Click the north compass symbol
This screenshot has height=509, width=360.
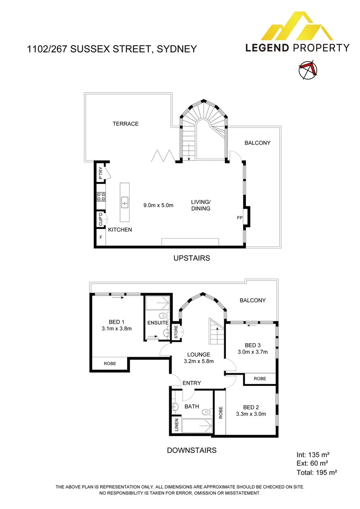pos(308,69)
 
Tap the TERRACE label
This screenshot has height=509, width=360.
pos(126,123)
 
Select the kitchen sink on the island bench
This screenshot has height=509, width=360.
pos(125,202)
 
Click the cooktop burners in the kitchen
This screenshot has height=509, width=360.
pos(101,196)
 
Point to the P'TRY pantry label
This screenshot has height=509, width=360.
pos(100,173)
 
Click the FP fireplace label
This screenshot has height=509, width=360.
pos(239,218)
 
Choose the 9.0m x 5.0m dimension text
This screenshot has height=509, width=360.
pos(158,205)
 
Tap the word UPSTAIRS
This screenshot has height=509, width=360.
pos(191,258)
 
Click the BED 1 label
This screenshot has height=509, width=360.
pos(116,322)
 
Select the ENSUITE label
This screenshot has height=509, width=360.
pos(158,323)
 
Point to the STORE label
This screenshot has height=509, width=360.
pos(176,332)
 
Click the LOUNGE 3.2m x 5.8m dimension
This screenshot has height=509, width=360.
pos(199,361)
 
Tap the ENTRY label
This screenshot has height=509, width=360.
pos(191,383)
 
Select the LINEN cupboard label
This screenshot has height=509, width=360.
pos(177,425)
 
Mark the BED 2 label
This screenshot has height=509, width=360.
pos(251,407)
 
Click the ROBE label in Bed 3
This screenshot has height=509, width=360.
pos(260,378)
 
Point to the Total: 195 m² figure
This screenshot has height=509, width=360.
pos(317,472)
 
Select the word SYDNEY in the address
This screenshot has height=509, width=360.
pos(177,49)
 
